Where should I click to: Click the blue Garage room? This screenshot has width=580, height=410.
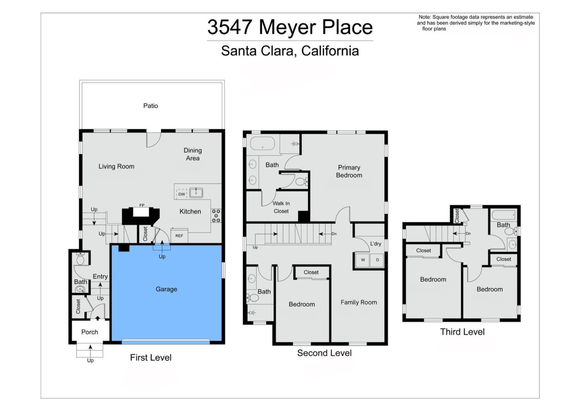coord(166,294)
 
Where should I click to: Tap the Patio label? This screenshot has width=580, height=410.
coord(150,106)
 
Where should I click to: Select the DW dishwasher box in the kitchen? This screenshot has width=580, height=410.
coord(181,194)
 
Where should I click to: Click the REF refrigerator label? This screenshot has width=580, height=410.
coord(179,236)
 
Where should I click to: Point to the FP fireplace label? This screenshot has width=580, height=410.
coord(142,205)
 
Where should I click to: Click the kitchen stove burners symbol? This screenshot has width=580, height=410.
coord(216,216)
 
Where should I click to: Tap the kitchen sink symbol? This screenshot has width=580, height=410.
coord(196,193)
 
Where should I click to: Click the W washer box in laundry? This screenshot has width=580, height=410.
coord(363,260)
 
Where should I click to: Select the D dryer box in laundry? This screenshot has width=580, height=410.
coord(377,260)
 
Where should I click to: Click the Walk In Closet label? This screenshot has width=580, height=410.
coord(281,207)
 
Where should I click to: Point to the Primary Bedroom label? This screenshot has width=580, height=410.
coord(349,171)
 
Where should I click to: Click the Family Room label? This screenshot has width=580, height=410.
coord(358,302)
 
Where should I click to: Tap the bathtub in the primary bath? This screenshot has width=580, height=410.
coord(262,143)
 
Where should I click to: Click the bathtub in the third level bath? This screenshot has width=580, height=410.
coord(503,215)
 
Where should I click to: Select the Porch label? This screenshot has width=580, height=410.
coord(90,332)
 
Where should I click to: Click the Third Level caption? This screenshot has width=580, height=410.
coord(462,332)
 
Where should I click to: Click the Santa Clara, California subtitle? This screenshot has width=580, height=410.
coord(290,51)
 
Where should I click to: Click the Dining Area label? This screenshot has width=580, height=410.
coord(193,154)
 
